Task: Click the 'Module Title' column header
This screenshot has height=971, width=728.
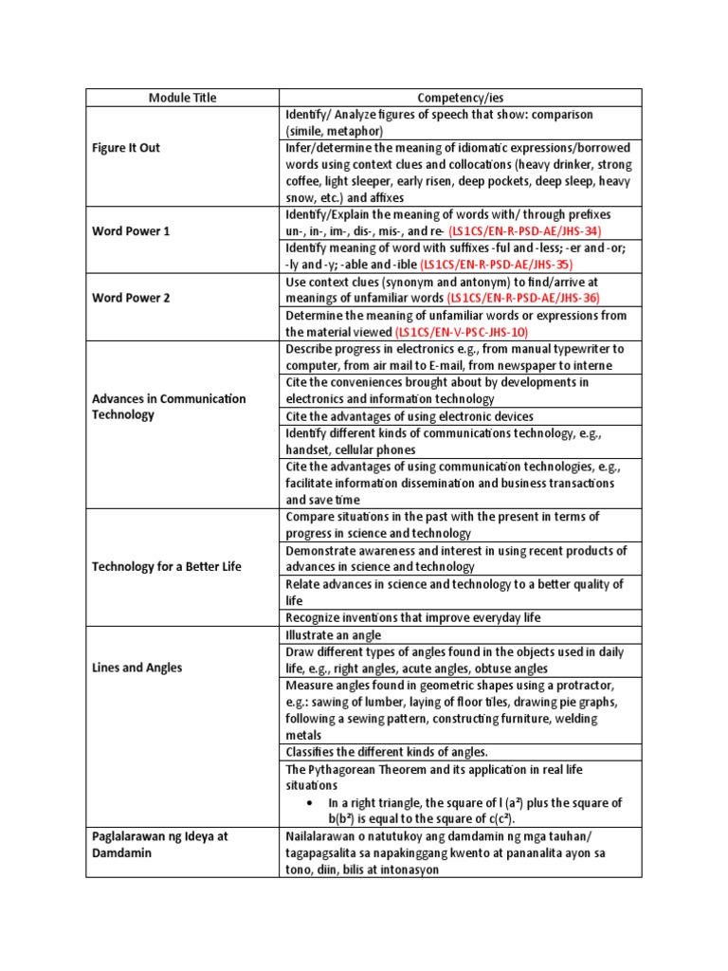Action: (x=182, y=98)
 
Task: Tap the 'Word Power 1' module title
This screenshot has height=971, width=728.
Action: (x=131, y=230)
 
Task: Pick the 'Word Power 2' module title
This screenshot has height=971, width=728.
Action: (x=131, y=298)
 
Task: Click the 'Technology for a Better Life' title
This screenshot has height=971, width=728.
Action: (x=166, y=566)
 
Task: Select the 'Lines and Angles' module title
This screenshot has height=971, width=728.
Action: (x=136, y=668)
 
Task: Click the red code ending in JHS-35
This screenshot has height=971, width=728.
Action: (x=497, y=265)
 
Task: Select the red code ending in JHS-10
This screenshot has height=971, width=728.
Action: (x=462, y=332)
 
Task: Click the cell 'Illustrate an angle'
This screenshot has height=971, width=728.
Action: (x=333, y=634)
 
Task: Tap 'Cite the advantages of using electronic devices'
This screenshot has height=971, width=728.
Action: (x=409, y=416)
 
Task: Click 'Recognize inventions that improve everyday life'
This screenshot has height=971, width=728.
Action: (x=412, y=617)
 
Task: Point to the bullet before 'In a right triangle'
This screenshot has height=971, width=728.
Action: (x=311, y=802)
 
